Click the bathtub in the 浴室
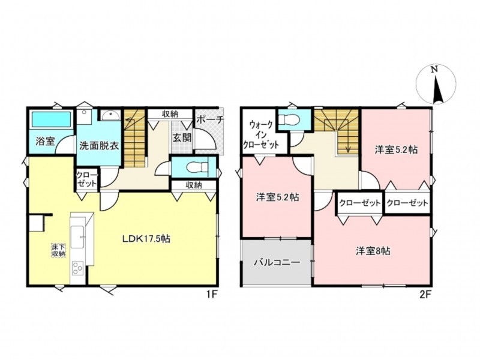pos(51,119)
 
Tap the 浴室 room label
pos(45,142)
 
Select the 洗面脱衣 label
pos(99,145)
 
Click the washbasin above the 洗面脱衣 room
pos(110,116)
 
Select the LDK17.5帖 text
pos(146,238)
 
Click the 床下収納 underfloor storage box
pos(58,250)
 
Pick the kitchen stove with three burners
pos(78,268)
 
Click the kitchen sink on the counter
pos(78,237)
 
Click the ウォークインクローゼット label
pos(260,134)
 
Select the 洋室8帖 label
pos(373,251)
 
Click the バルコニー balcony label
pos(277,263)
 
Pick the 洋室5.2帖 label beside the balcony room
pos(277,197)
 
